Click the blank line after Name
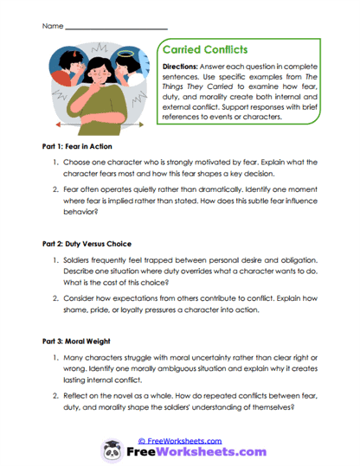click(x=116, y=27)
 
